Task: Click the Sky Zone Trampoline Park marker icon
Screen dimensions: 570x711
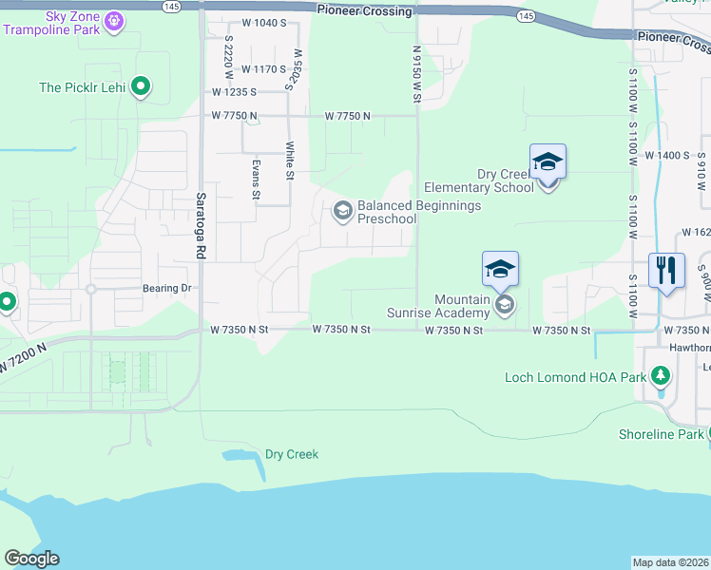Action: click(114, 19)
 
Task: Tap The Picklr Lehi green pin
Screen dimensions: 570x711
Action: click(141, 87)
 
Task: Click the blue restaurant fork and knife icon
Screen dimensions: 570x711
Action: click(666, 270)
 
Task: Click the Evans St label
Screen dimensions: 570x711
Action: click(256, 179)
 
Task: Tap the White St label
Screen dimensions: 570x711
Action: click(289, 160)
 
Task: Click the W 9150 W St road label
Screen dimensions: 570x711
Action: click(416, 72)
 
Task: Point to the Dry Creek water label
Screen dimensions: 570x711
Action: click(292, 454)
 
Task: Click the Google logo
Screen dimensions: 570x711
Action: click(31, 559)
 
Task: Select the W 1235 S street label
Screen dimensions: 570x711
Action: click(236, 92)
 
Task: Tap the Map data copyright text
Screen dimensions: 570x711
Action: click(671, 562)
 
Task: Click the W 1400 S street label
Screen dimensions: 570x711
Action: click(666, 154)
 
